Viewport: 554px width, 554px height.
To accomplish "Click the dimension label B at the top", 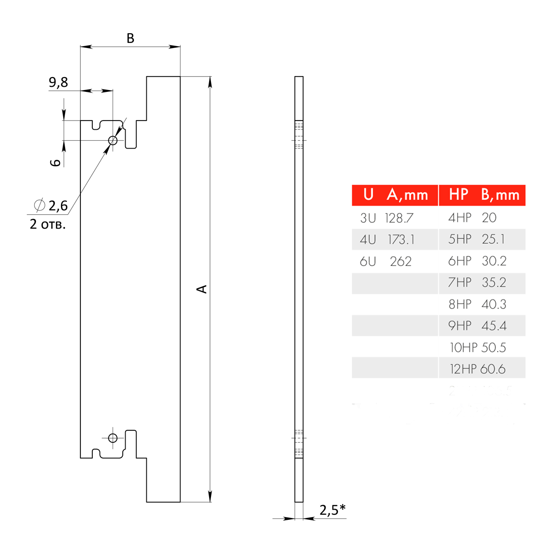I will coord(130,38).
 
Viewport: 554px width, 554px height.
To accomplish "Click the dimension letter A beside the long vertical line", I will coord(202,289).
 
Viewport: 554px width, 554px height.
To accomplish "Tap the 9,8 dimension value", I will coord(58,82).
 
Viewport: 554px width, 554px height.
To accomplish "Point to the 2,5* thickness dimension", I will coord(332,510).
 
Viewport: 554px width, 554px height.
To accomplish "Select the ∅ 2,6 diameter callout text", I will coord(52,205).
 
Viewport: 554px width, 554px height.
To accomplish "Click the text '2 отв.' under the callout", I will coord(48,225).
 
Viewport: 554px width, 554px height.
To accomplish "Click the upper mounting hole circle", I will coord(113,140).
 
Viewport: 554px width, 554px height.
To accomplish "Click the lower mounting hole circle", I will coord(113,438).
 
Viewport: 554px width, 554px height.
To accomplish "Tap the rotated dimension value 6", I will coord(55,162).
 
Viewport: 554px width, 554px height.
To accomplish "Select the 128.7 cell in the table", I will coord(399,218).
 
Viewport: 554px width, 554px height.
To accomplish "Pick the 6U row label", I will coord(368,262).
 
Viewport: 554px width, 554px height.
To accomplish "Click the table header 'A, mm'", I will coord(408,195).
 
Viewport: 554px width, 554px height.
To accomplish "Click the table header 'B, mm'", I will coord(500,195).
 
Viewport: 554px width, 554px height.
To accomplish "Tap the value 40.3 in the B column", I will coord(494,305).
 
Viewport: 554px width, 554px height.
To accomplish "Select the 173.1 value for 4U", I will coord(401,240).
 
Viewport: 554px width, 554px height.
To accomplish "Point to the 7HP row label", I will coord(460,283).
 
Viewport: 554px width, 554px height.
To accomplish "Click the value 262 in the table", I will coord(400,262).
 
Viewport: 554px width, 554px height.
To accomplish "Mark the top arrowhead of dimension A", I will coord(210,81).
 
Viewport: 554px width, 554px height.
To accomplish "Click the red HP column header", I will coord(458,195).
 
